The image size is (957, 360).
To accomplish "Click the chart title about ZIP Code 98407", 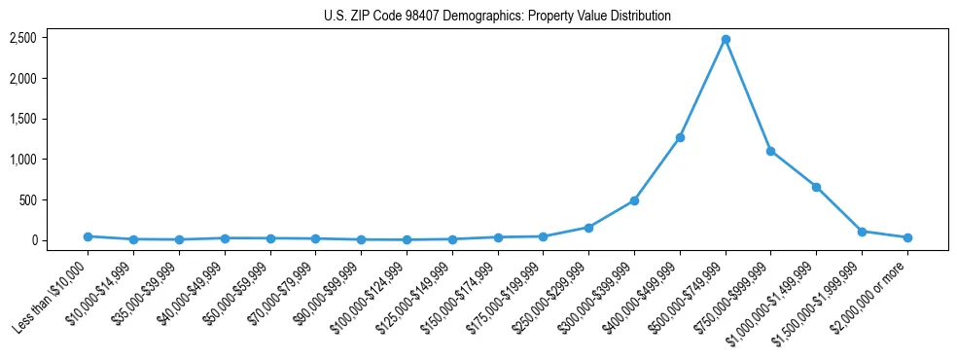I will coord(497,17).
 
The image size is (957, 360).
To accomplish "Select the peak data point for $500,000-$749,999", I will coord(726,39).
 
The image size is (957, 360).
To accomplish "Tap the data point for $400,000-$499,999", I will coord(680,137).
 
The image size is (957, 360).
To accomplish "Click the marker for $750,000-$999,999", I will coord(770,151).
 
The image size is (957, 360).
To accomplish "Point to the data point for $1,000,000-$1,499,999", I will coord(816,187).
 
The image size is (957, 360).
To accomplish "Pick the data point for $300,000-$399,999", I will coord(634,200).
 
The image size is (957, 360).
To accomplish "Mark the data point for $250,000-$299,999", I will coord(588,228).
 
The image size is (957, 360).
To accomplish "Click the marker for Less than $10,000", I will coord(88,236).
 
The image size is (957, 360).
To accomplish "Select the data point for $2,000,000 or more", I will coord(907,237).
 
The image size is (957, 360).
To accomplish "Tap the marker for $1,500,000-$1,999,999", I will coord(862,232).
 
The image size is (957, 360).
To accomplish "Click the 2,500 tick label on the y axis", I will coord(23,38).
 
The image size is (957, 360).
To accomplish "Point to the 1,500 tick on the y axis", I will coord(23,119).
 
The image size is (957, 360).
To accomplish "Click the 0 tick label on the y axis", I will coord(34,240).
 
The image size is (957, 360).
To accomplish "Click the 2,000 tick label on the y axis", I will coord(23,79).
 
